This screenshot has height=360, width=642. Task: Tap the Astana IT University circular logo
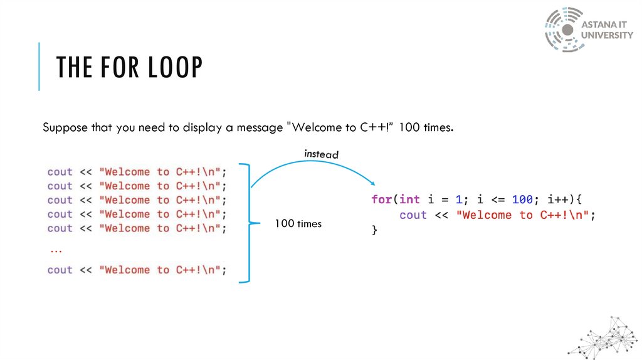[x=563, y=29]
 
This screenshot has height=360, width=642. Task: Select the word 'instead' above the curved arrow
[x=321, y=154]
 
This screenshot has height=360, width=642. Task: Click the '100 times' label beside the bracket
[x=298, y=223]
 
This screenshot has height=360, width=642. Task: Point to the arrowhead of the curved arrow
[x=372, y=183]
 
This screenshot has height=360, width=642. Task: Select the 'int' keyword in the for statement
[x=409, y=200]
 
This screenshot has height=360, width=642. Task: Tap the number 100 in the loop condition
[x=522, y=200]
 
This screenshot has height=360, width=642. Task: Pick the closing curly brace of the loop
[x=375, y=230]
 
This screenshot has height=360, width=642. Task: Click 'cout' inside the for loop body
[x=413, y=215]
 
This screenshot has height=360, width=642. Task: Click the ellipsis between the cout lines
[x=55, y=250]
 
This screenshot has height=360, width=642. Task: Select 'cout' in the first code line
[x=60, y=172]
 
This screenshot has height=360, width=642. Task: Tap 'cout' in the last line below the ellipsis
[x=60, y=270]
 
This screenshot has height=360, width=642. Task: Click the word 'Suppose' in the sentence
[x=62, y=128]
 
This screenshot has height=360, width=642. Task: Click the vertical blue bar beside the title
[x=39, y=66]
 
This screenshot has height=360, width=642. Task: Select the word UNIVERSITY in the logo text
[x=607, y=36]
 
